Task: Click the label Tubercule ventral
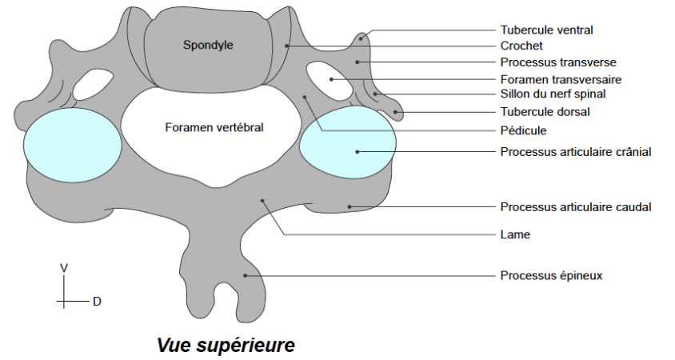click(x=547, y=30)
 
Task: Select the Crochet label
click(x=521, y=46)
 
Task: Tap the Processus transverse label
click(x=558, y=62)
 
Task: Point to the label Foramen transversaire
click(x=561, y=79)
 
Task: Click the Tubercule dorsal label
click(x=545, y=112)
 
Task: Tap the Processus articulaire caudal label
click(x=576, y=206)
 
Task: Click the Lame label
click(x=515, y=234)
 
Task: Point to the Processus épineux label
click(x=551, y=275)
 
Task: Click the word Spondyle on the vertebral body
click(x=208, y=46)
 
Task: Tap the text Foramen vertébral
click(x=214, y=127)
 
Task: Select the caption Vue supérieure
click(x=226, y=345)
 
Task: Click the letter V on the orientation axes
click(x=63, y=268)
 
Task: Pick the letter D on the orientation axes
click(x=97, y=302)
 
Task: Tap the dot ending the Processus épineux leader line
click(x=246, y=275)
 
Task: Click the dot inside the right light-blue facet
click(x=357, y=151)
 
